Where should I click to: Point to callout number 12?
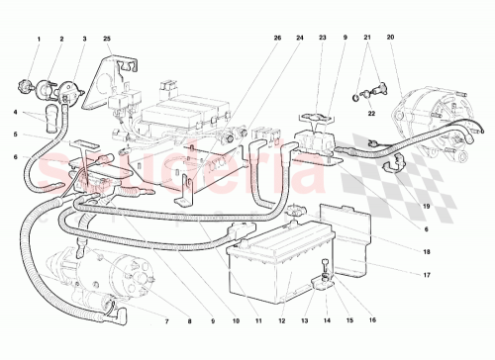click(x=281, y=321)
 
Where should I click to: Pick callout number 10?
click(x=236, y=321)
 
